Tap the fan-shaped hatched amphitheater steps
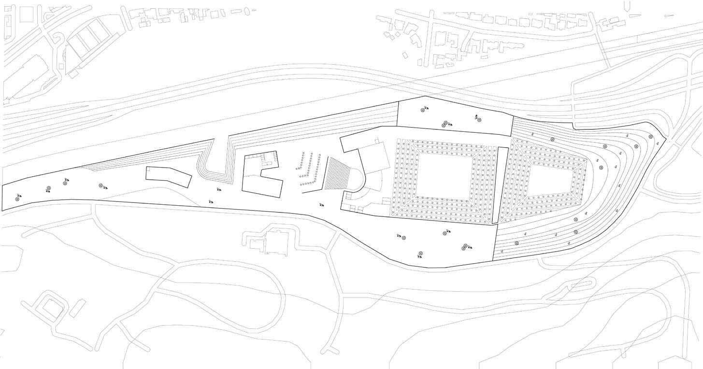click(341, 174)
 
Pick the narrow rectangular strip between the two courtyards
click(503, 184)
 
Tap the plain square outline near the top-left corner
click(25, 14)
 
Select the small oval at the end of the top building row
click(247, 11)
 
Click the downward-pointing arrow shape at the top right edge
click(628, 6)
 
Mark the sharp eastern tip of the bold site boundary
click(666, 139)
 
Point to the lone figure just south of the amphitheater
click(322, 205)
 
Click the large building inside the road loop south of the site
click(276, 241)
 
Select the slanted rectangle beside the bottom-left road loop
click(77, 308)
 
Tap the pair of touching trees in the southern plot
click(466, 247)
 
